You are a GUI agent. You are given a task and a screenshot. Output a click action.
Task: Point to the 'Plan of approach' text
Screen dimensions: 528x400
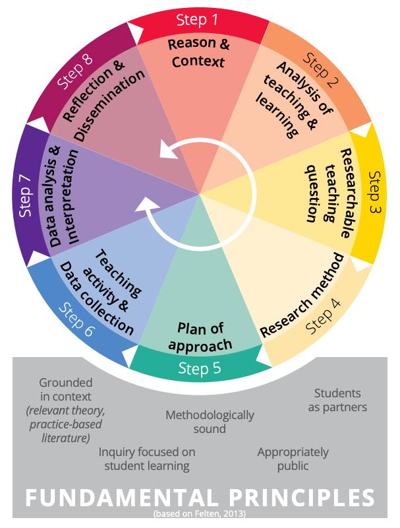200,336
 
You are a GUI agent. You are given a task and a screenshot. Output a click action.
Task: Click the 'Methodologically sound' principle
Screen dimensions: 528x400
210,422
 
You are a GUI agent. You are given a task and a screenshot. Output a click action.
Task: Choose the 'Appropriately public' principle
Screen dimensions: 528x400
293,459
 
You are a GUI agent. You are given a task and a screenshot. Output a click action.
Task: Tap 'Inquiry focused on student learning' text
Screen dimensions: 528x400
147,459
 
